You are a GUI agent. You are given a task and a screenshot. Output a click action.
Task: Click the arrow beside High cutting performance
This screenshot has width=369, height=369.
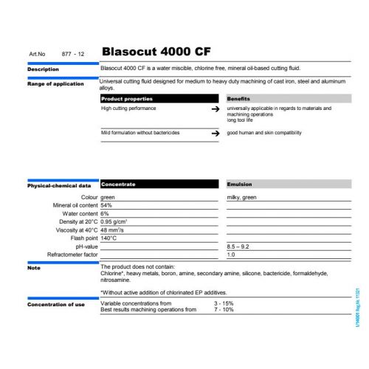pos(215,108)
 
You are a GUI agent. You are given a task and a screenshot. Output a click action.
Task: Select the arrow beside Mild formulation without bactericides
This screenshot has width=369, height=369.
pos(215,133)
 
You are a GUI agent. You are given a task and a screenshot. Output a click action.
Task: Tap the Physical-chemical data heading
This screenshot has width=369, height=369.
pos(59,186)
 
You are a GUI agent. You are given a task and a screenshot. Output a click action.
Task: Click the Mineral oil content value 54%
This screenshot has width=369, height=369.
pos(108,205)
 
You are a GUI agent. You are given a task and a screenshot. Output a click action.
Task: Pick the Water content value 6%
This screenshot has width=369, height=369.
pos(106,213)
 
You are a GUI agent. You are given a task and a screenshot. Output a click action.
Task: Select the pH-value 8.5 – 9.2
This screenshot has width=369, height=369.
pos(239,246)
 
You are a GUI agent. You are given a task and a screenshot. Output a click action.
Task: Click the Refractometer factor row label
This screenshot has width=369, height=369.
pos(72,255)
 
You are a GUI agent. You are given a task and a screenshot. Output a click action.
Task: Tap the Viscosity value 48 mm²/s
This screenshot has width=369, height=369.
pos(113,230)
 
